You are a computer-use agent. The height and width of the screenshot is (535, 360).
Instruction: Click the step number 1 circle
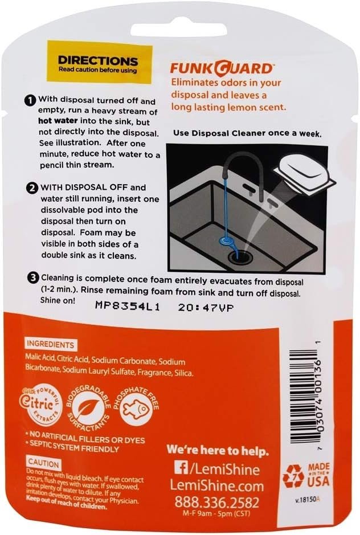coord(31,100)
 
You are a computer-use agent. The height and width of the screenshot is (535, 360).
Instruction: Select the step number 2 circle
coord(33,188)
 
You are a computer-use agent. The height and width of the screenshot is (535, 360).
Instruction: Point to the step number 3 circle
coord(33,278)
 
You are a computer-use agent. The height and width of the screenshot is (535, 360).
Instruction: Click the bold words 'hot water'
coord(58,121)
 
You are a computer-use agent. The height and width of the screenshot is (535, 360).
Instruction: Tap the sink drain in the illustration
coord(241,256)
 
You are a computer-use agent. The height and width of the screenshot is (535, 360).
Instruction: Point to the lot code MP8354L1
coord(127,307)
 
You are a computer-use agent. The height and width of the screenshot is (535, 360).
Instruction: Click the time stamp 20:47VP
coord(206,307)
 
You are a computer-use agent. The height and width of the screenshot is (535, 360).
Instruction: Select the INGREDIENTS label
coord(50,344)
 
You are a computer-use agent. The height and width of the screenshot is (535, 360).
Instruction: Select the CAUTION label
coord(43,463)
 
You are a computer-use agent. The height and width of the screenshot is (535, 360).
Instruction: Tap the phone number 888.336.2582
coord(216,503)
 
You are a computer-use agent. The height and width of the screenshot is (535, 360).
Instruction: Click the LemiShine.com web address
coord(216,486)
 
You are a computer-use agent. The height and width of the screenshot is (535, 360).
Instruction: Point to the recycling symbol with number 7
coord(294,475)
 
